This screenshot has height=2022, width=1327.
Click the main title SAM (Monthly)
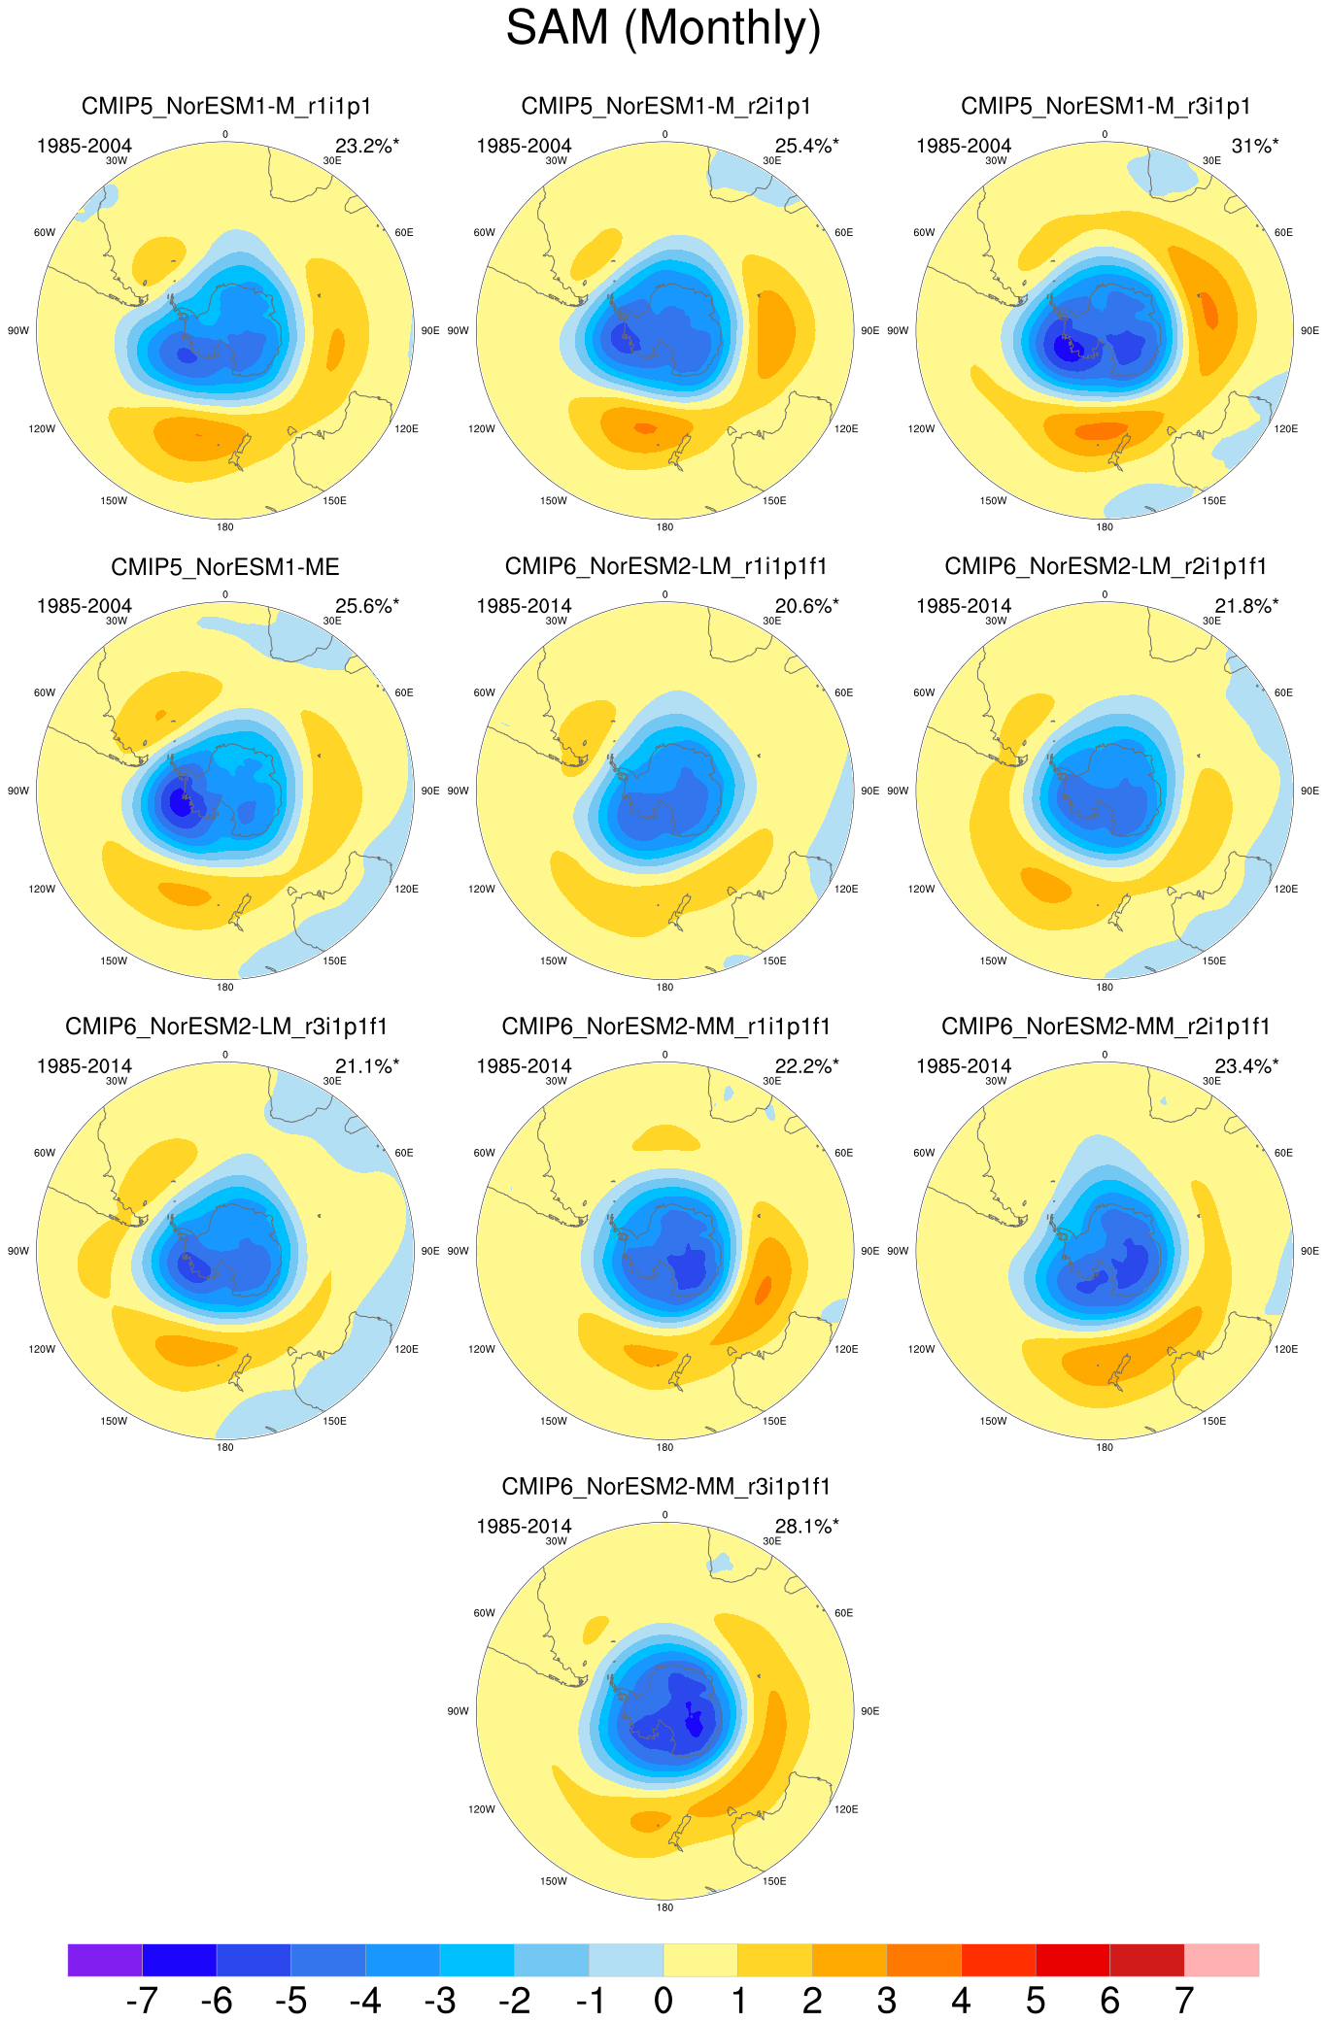(x=663, y=27)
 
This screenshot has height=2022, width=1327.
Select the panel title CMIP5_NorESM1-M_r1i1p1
(x=225, y=106)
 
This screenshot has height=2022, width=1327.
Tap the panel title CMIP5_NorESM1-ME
(x=225, y=566)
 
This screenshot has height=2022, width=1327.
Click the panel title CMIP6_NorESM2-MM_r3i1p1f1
(x=665, y=1487)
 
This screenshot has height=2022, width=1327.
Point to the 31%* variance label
(x=1255, y=146)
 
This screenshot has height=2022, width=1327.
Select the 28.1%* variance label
(x=806, y=1526)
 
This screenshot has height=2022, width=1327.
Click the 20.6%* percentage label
(x=806, y=606)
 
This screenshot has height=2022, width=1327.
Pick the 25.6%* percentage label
(x=367, y=606)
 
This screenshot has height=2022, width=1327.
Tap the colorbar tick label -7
(x=142, y=2000)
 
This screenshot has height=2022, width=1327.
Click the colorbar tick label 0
(x=663, y=2000)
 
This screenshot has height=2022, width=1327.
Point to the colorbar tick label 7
(x=1184, y=2000)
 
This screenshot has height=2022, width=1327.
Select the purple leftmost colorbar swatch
(x=105, y=1960)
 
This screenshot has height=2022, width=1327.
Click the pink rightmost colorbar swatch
(x=1222, y=1960)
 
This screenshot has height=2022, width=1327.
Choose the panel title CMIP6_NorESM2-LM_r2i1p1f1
(x=1106, y=566)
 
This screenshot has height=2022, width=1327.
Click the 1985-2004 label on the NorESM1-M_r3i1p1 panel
(x=964, y=146)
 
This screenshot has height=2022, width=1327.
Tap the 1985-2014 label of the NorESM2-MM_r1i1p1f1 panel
(x=524, y=1066)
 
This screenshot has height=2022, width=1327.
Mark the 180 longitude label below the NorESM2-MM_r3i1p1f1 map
(x=664, y=1907)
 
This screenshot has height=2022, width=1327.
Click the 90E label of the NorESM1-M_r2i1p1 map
(x=870, y=331)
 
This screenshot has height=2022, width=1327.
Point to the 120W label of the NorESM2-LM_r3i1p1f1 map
(x=42, y=1349)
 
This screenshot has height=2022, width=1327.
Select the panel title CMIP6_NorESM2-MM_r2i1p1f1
(x=1106, y=1027)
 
